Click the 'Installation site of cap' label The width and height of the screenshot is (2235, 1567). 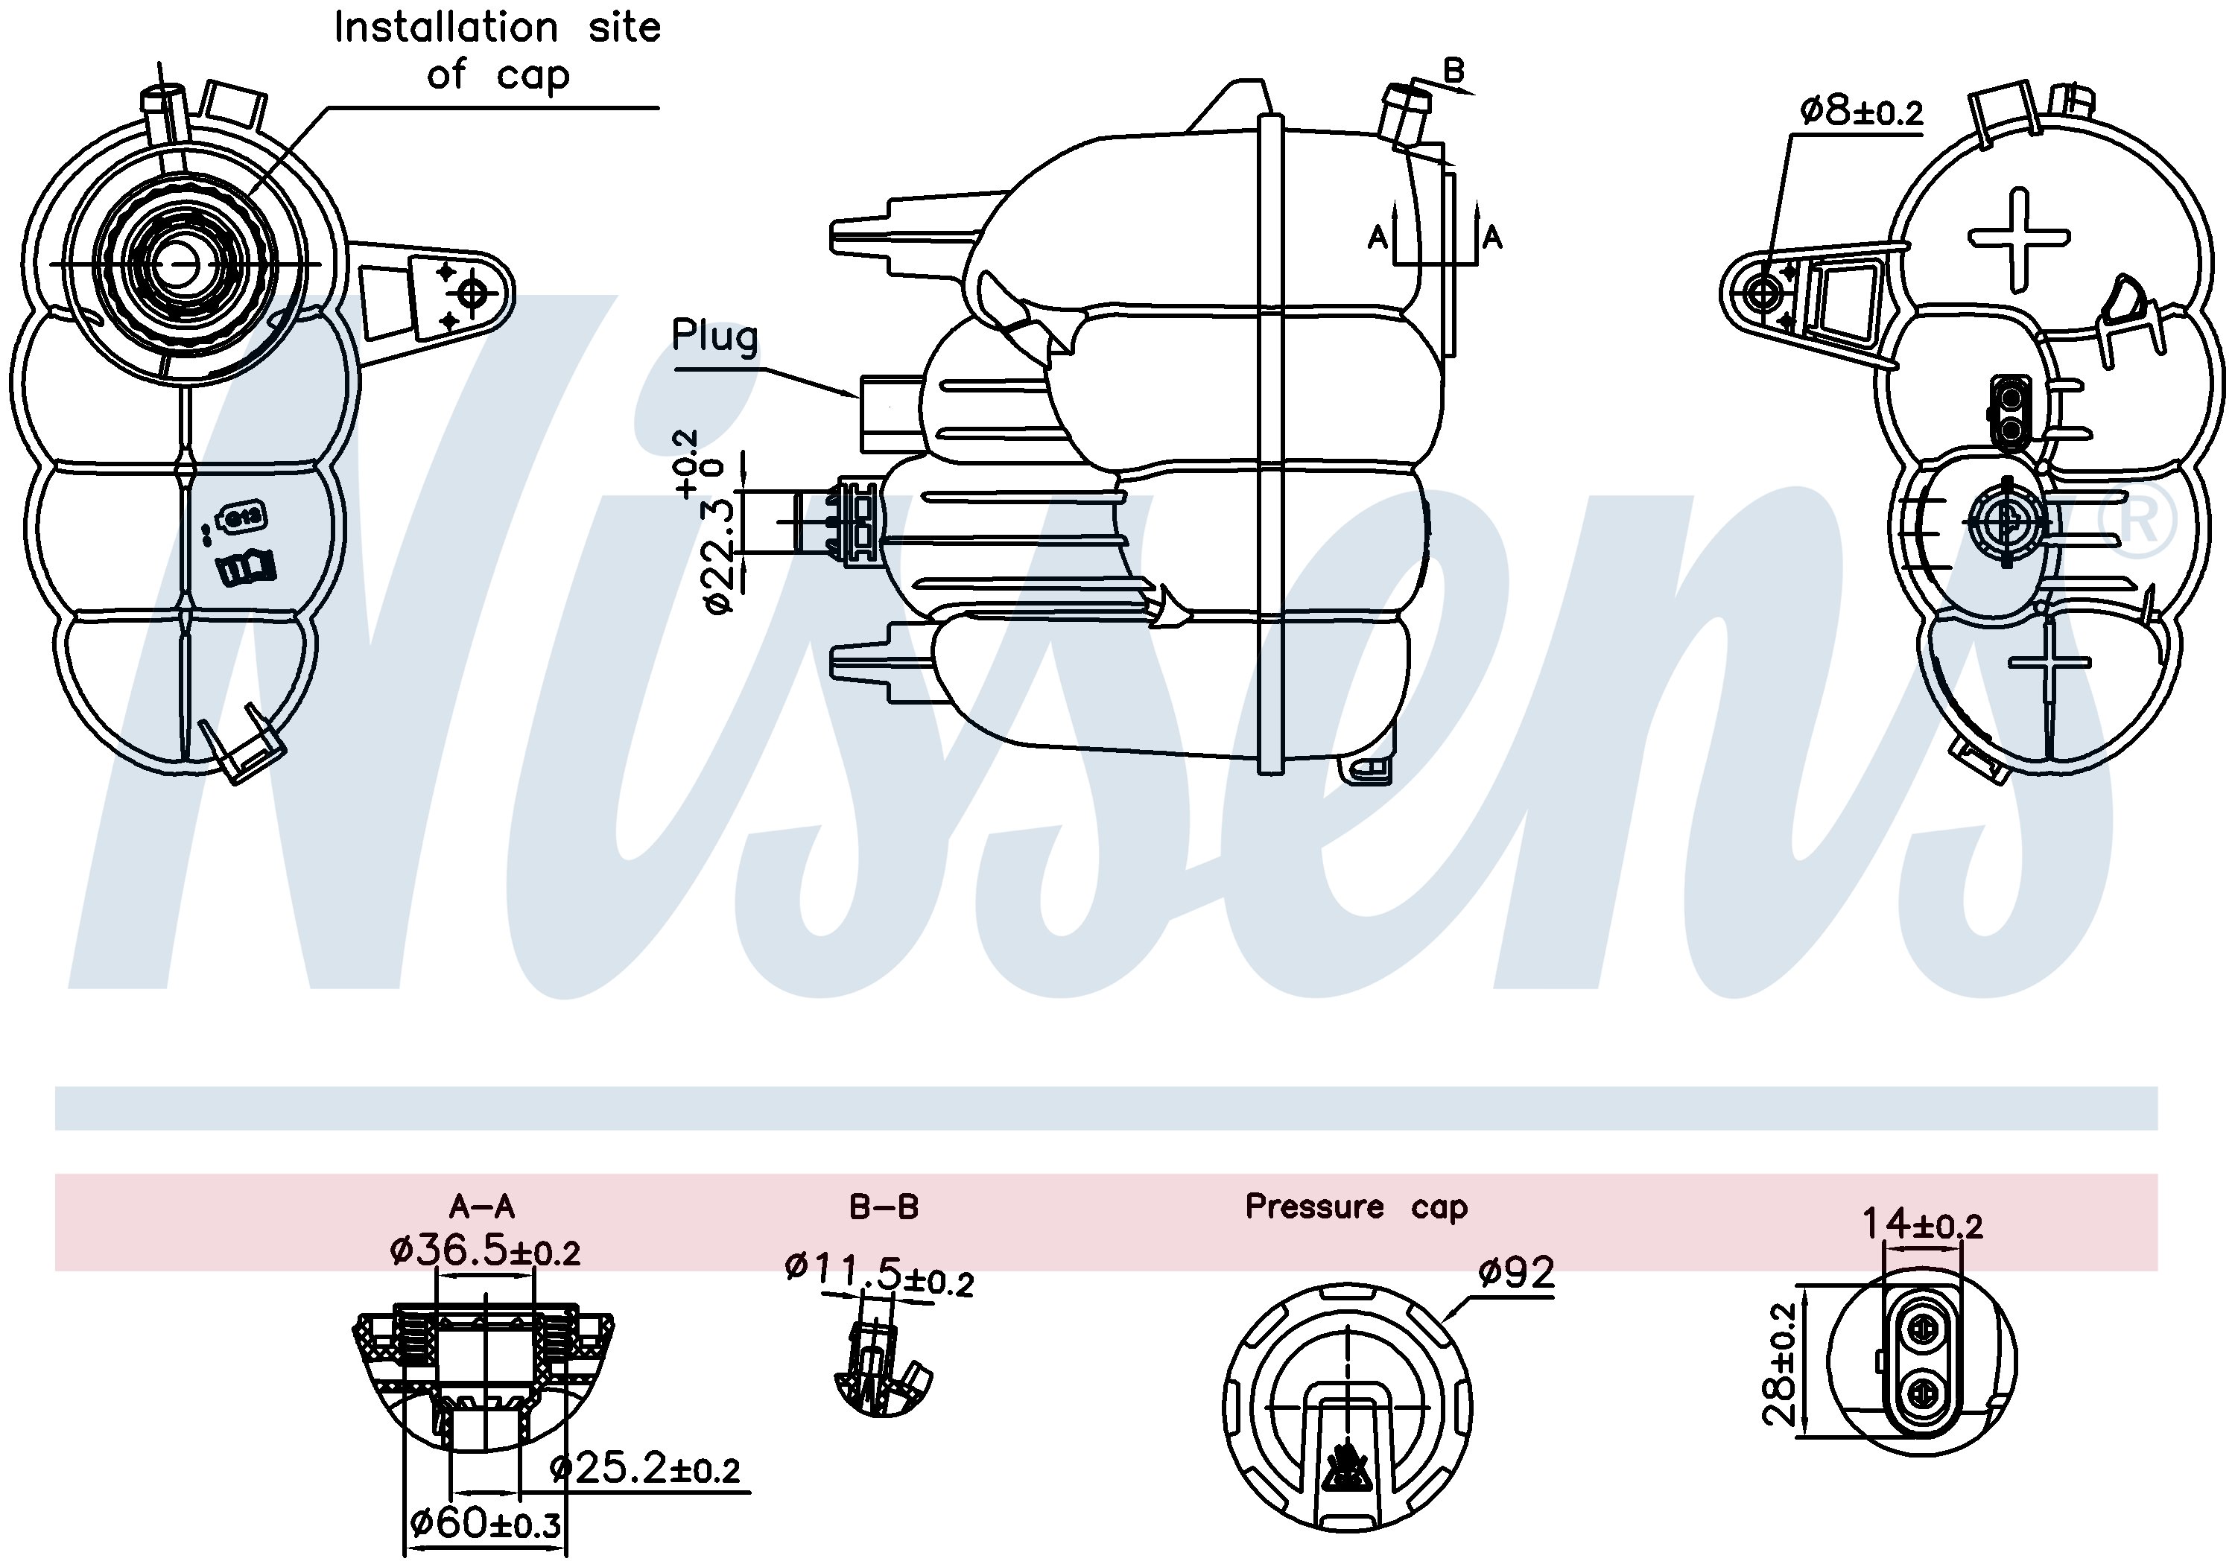pyautogui.click(x=498, y=51)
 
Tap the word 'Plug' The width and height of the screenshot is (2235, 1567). pyautogui.click(x=714, y=337)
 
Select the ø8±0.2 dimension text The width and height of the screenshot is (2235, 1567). pyautogui.click(x=1861, y=111)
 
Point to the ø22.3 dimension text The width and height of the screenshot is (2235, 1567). pyautogui.click(x=718, y=554)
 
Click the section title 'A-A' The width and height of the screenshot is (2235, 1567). pyautogui.click(x=481, y=1207)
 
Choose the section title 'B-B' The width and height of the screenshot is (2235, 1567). pyautogui.click(x=883, y=1207)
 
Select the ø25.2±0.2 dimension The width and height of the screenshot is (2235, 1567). pyautogui.click(x=644, y=1469)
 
